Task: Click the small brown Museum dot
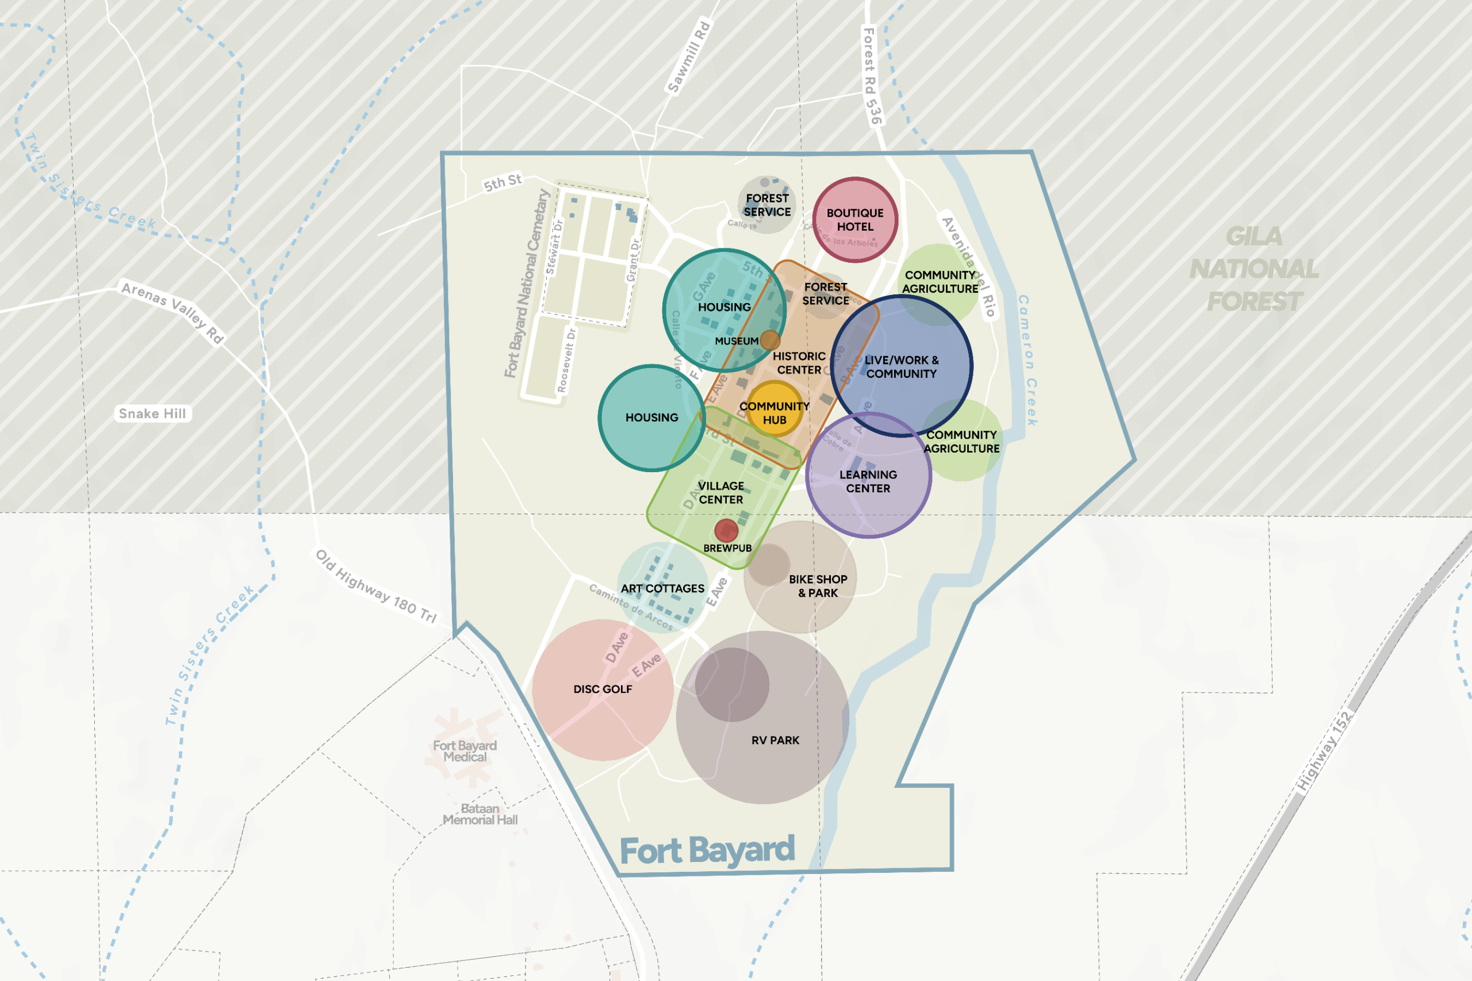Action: tap(770, 340)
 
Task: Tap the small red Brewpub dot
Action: tap(726, 531)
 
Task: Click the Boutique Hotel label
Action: tap(855, 220)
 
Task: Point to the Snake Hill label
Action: tap(152, 413)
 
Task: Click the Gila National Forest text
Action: tap(1253, 269)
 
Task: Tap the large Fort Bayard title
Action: tap(707, 850)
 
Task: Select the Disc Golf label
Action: tap(603, 689)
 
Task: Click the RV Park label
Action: tap(775, 740)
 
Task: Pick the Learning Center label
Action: tap(868, 481)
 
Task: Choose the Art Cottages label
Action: tap(662, 588)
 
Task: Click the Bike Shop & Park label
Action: tap(818, 585)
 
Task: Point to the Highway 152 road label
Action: tap(1323, 752)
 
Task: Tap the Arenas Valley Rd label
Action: tap(172, 313)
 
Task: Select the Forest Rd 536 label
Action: tap(872, 76)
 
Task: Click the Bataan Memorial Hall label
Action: tap(480, 814)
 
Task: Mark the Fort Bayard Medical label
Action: tap(465, 751)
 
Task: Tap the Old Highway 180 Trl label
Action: tap(375, 586)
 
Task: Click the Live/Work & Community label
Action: tap(902, 367)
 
